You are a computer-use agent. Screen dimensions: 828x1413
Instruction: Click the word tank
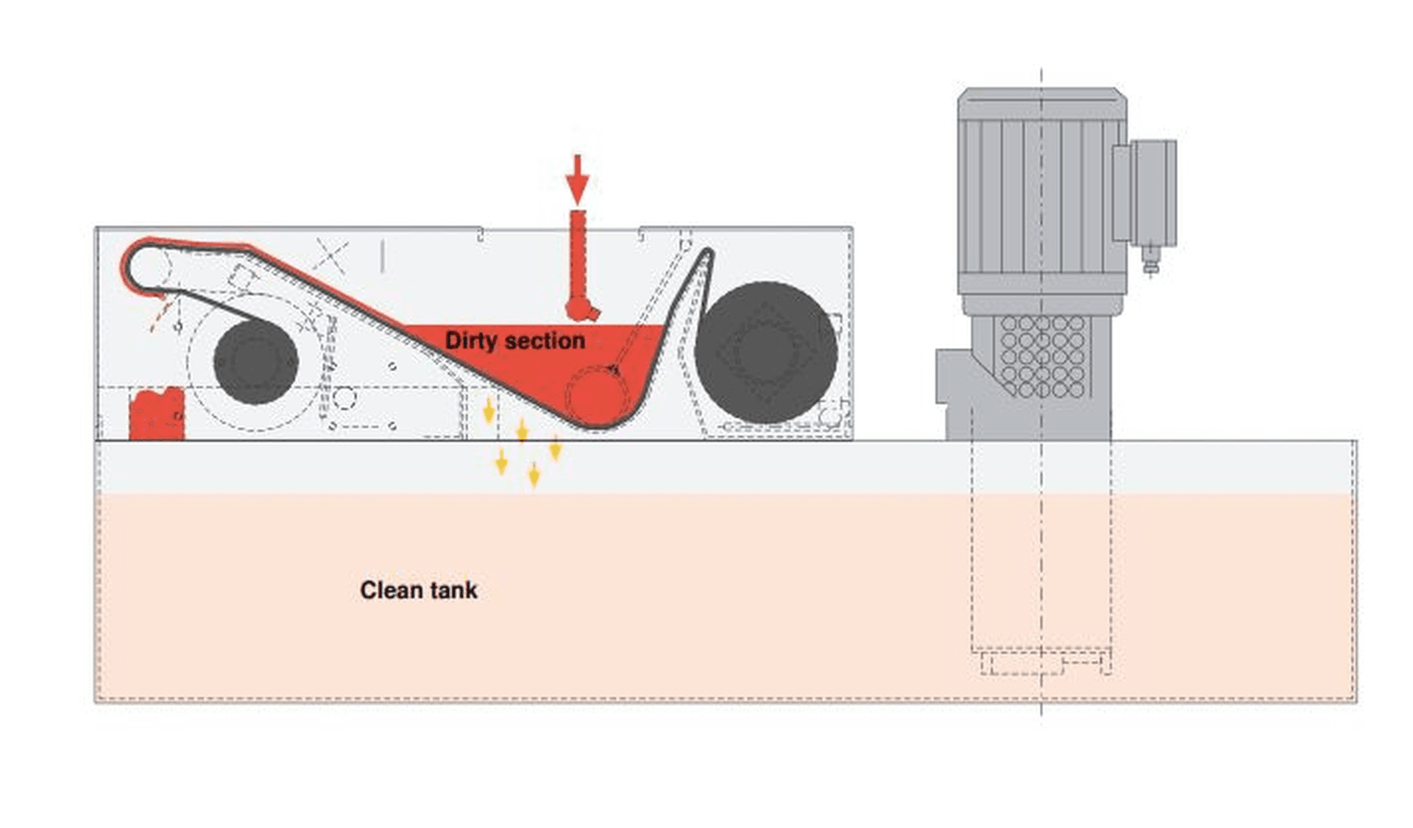click(x=455, y=590)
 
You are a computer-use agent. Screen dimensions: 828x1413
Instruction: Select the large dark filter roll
click(x=766, y=353)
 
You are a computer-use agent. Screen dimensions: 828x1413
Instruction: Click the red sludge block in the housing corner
click(x=156, y=415)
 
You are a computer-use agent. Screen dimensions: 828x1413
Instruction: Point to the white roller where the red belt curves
click(x=149, y=266)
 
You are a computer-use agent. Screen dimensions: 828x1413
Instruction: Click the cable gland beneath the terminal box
click(x=1151, y=260)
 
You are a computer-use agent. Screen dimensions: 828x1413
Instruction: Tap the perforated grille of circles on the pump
click(x=1042, y=357)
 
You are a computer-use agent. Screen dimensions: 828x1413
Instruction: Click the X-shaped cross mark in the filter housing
click(x=330, y=255)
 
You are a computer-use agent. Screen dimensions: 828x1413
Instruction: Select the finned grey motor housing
click(x=1041, y=191)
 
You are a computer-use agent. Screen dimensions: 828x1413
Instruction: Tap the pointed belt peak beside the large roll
click(x=707, y=255)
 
